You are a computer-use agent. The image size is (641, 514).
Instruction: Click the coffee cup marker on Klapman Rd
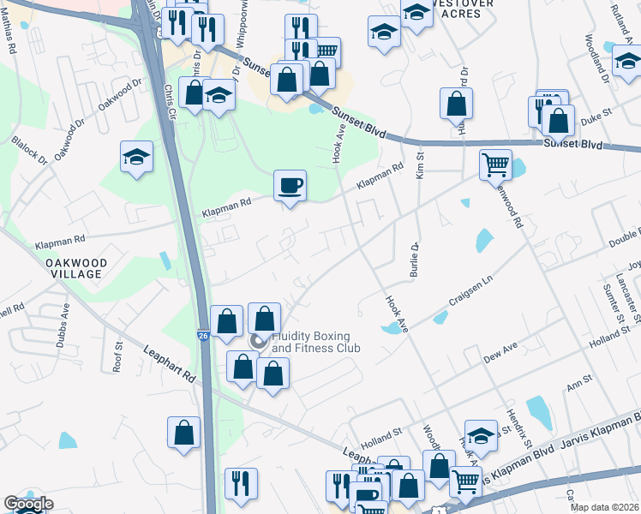point(290,185)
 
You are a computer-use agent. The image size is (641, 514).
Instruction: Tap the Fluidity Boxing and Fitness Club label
point(315,342)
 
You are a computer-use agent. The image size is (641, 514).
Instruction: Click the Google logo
point(28,504)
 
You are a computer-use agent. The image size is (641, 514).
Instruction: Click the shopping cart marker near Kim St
point(495,164)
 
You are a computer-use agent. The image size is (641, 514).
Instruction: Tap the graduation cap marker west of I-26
point(136,157)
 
